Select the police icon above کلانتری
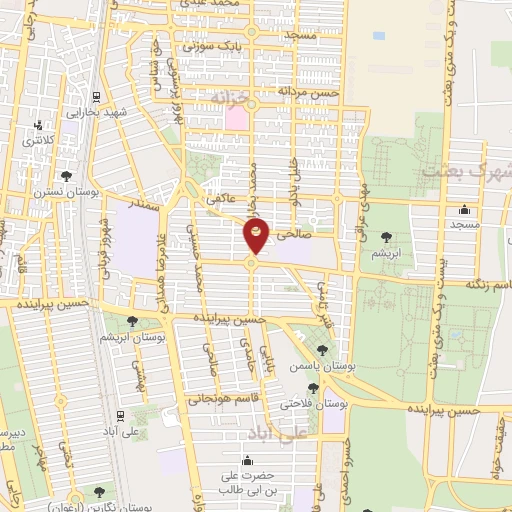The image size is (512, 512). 38,126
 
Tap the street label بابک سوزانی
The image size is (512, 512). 206,46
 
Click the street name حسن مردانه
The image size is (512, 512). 311,91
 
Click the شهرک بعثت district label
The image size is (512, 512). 466,171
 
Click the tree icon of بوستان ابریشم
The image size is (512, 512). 132,320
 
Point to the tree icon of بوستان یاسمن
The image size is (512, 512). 320,349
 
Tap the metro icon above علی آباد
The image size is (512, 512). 120,415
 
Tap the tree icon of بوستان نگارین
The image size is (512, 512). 99,491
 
